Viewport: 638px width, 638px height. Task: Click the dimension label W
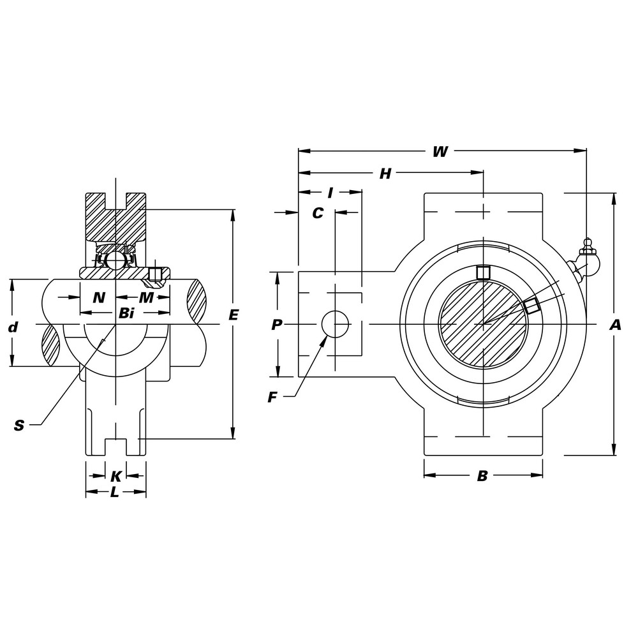point(440,152)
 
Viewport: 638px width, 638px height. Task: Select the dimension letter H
point(385,174)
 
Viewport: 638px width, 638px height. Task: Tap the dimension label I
point(330,193)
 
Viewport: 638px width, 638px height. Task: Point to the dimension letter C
point(317,213)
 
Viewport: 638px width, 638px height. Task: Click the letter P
point(277,325)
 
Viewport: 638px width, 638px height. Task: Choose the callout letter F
point(272,397)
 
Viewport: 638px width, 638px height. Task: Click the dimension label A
point(615,325)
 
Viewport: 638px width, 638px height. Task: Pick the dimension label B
point(482,475)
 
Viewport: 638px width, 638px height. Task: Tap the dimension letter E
point(233,315)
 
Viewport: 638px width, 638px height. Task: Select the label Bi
point(126,313)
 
